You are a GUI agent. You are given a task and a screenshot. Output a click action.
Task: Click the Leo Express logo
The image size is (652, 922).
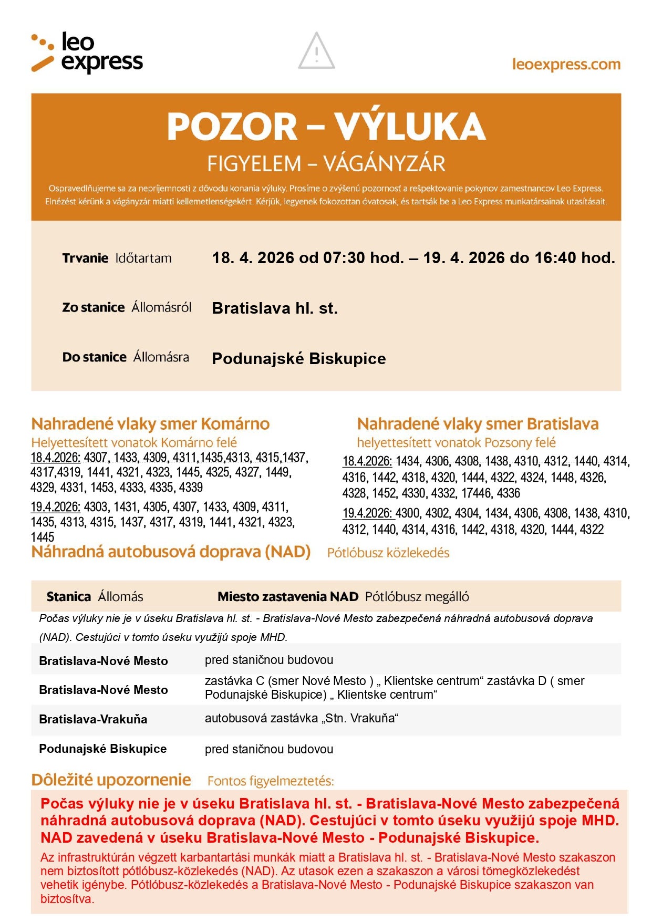coord(87,52)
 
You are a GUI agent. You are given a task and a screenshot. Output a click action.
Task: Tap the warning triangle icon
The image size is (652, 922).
coord(316,51)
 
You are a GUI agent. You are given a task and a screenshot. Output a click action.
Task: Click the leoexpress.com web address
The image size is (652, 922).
coord(566,65)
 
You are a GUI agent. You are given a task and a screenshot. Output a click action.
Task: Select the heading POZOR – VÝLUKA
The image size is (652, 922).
coord(326,127)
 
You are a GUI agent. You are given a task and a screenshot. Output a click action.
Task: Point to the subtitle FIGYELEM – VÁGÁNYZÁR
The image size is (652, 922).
coord(326,164)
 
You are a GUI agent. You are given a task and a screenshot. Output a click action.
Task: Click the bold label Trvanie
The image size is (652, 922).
coord(85,258)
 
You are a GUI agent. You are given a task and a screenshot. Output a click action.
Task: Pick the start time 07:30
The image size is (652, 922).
coord(344,258)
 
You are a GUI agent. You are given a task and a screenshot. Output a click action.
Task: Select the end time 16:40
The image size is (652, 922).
coord(555,258)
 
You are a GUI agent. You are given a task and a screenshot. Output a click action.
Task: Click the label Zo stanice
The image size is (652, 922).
coord(94,307)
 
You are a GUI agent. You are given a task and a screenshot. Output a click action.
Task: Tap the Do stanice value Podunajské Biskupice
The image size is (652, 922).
coord(298,359)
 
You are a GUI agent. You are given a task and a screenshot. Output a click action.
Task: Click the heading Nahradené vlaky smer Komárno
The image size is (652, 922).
coord(150,424)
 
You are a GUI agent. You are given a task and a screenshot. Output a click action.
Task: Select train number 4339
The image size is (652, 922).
coord(191,488)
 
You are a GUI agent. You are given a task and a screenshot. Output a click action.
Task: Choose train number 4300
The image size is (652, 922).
coord(408,513)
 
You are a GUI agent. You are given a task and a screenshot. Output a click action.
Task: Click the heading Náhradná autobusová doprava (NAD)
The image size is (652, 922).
coord(171,552)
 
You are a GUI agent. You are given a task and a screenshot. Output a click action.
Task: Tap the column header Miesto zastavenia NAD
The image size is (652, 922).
coord(287,597)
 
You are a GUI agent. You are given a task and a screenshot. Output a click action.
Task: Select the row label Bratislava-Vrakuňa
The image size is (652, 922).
coord(93,719)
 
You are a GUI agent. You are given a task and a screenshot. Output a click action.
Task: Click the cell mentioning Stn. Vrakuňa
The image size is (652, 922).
coord(302,718)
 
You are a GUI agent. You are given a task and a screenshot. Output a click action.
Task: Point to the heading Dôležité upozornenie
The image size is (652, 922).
coord(111,780)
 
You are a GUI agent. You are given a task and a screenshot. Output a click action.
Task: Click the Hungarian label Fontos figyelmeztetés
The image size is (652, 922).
coord(271,781)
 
